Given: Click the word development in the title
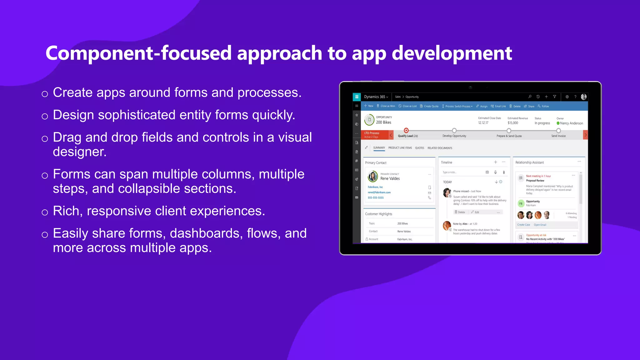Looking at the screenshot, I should (452, 53).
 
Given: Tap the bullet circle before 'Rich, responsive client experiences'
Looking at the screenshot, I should (45, 212).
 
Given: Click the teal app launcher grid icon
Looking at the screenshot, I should (357, 97).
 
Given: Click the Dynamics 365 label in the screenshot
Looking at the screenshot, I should (375, 97).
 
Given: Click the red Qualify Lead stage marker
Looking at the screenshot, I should (406, 130).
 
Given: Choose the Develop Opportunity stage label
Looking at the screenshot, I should (454, 136).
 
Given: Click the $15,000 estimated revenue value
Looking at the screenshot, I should (513, 123).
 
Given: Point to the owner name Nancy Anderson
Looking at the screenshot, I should (571, 123).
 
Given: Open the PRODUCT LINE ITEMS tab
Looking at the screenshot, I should (400, 148).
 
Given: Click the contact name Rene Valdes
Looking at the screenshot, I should (390, 178).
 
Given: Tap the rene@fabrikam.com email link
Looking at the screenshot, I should (379, 192).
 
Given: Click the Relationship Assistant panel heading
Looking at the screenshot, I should (529, 162).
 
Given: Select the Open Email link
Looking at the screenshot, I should (540, 225).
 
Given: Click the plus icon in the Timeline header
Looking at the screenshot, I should (495, 162).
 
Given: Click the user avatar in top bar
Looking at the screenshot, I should (583, 97).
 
